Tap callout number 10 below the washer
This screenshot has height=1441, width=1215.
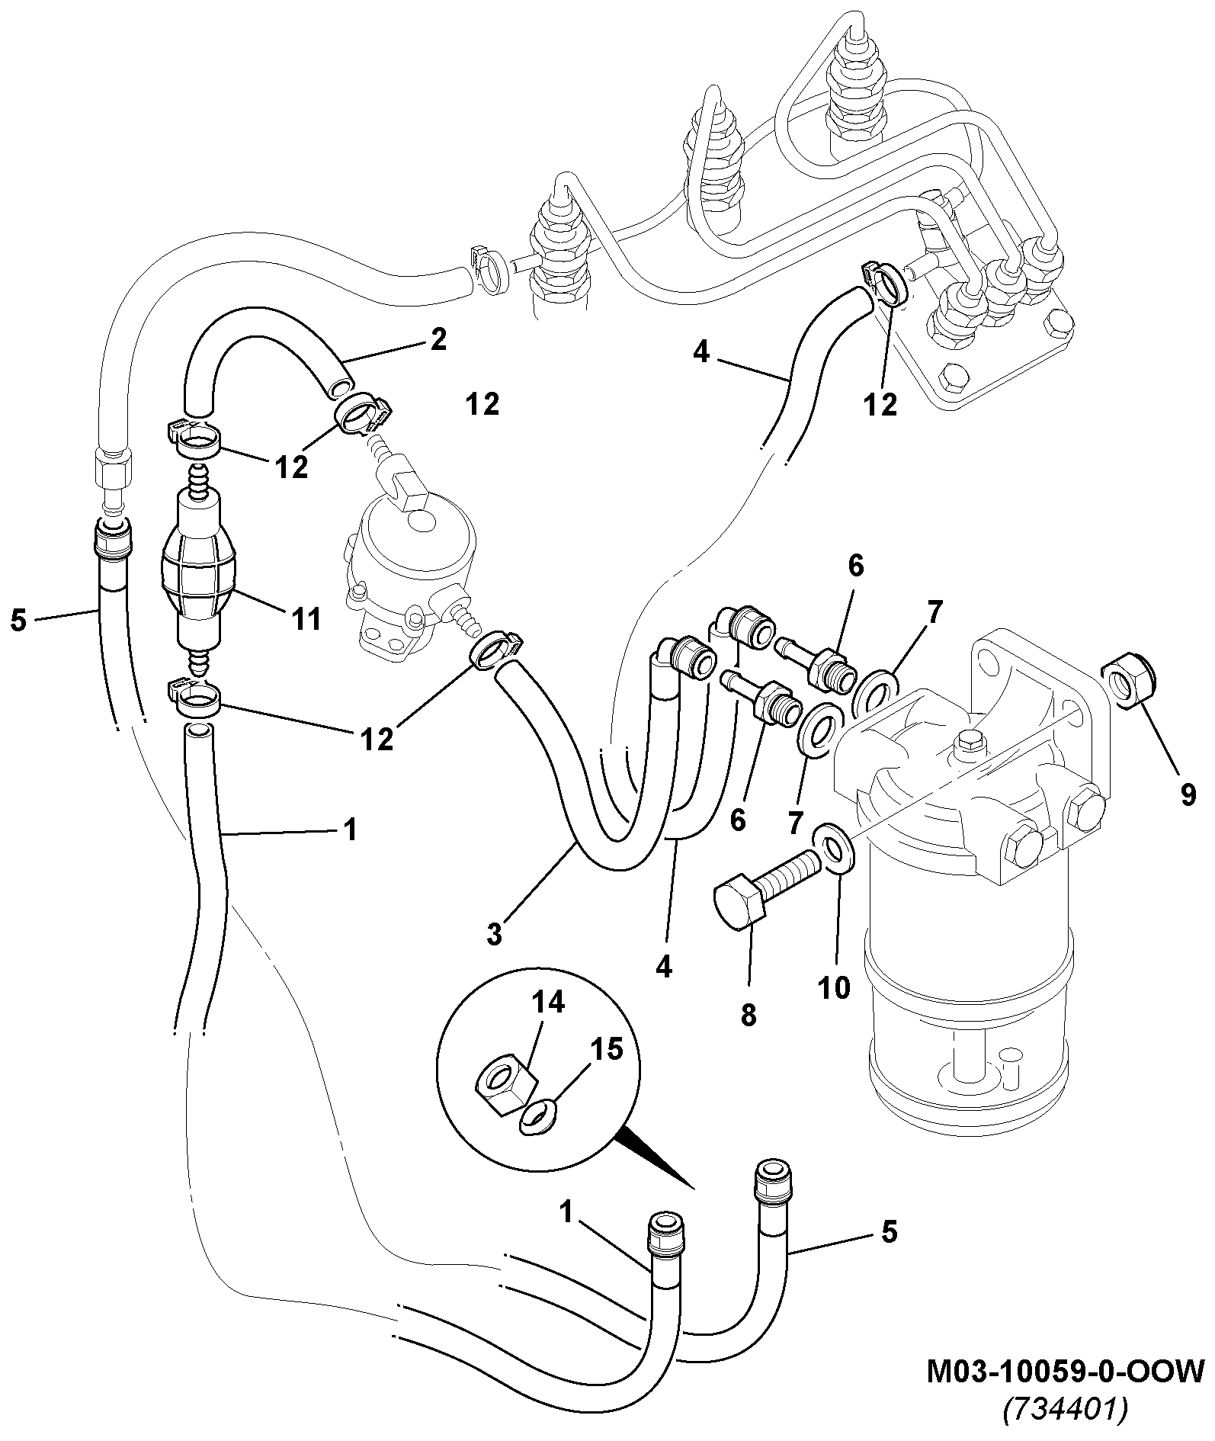835,989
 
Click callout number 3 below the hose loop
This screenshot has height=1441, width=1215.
494,934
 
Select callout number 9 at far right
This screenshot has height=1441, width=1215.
1188,794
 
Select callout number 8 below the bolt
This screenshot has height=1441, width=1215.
749,1015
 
